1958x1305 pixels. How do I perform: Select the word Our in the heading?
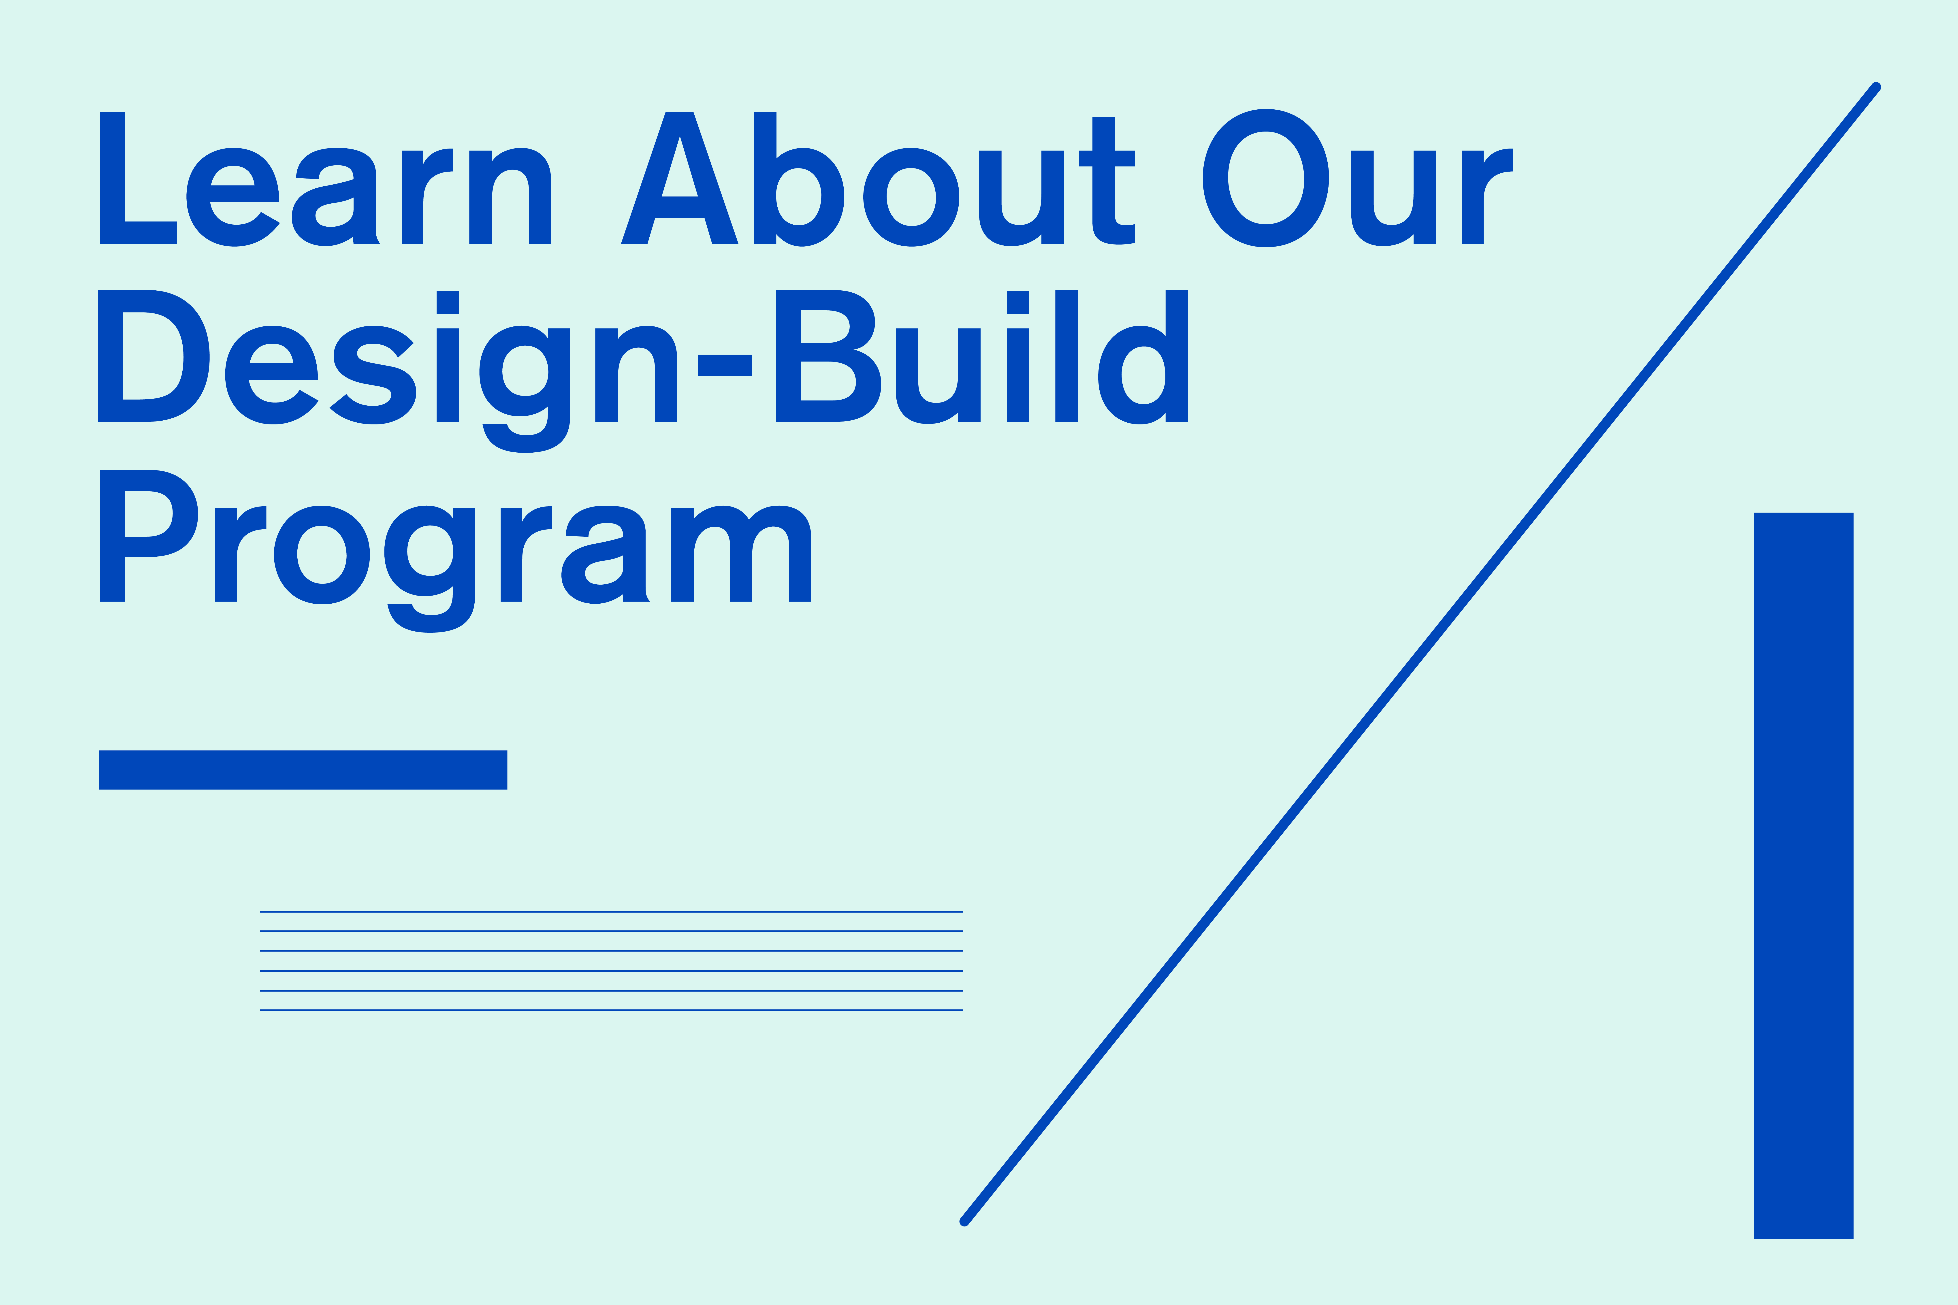point(1358,178)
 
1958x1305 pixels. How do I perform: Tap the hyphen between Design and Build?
point(724,365)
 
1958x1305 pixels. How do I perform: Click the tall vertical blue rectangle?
point(1803,875)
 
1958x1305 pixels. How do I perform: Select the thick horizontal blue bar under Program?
point(303,770)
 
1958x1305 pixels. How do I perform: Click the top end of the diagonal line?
point(1876,86)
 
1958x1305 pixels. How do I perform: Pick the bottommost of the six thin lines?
point(611,1010)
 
